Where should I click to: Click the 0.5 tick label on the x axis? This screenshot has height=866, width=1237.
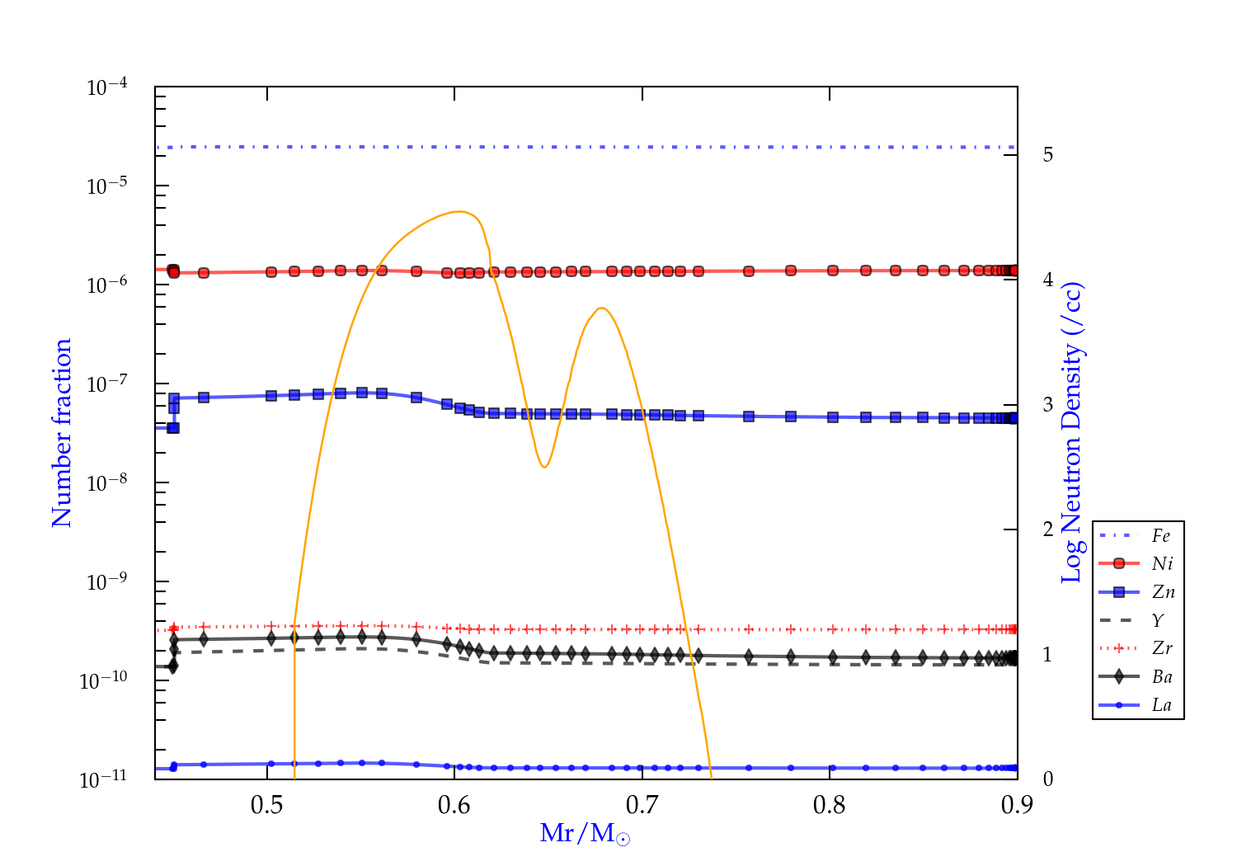(x=267, y=805)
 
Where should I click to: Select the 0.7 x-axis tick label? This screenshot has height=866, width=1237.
(x=642, y=805)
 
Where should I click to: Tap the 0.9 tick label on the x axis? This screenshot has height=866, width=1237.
(x=1017, y=805)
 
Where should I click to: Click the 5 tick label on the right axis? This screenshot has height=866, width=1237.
(x=1047, y=155)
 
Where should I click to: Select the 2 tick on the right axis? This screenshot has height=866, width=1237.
(x=1047, y=529)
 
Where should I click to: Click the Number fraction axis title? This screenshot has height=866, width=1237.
(x=62, y=433)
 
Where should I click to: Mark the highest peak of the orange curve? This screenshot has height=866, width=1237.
(x=459, y=212)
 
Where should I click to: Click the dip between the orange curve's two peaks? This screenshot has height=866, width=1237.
(x=544, y=467)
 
